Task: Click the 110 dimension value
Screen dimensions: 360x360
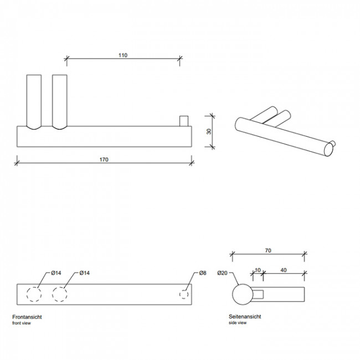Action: (x=123, y=55)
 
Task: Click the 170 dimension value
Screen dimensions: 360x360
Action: (x=104, y=160)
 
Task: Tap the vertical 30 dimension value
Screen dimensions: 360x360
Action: (x=209, y=132)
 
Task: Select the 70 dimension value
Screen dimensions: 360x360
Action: (x=268, y=250)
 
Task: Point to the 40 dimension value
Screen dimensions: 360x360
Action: (x=284, y=270)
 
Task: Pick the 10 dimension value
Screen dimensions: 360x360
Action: (x=258, y=270)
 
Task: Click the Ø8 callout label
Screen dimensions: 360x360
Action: (x=203, y=273)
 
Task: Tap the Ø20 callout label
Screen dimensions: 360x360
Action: (x=222, y=273)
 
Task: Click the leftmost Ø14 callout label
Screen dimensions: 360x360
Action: (x=56, y=273)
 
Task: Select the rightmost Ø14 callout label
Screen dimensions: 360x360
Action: (x=85, y=273)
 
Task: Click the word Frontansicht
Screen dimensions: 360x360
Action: (x=27, y=317)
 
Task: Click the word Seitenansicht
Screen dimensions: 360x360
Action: (x=245, y=317)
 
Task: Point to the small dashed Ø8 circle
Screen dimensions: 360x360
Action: (x=184, y=295)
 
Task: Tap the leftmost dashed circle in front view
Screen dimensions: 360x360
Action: (x=34, y=294)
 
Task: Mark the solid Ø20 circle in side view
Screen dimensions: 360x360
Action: (x=243, y=295)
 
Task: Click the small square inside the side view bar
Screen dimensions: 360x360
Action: (x=258, y=295)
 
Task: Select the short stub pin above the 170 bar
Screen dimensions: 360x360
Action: (x=184, y=121)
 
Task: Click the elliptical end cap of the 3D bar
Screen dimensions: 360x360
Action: (x=328, y=150)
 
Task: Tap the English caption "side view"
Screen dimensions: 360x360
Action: (x=238, y=323)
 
